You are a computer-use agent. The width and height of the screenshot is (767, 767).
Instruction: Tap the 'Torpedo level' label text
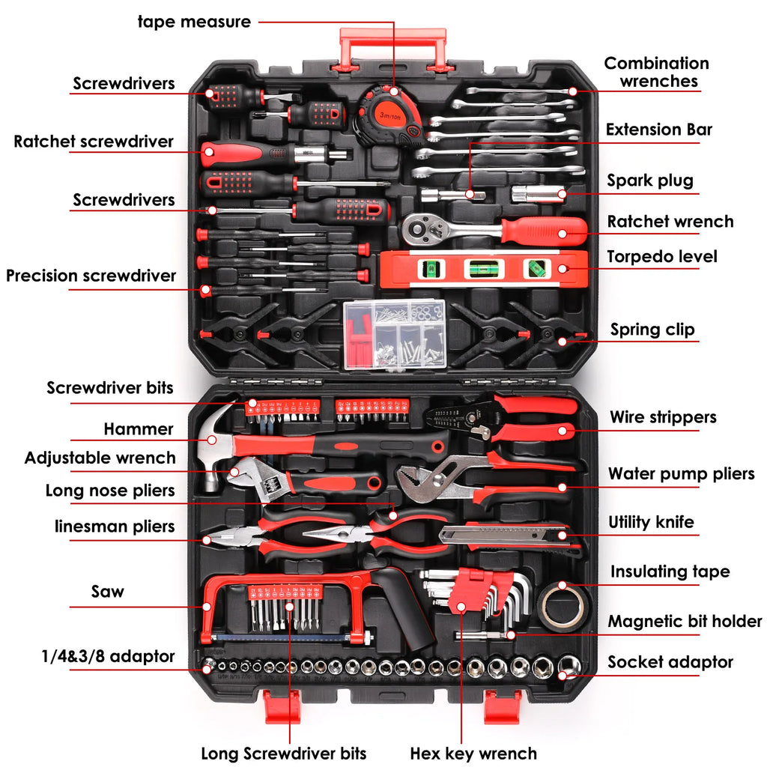(661, 257)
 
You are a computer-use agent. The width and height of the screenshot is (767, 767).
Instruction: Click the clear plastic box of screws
(394, 334)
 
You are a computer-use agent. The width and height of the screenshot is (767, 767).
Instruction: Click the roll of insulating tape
(563, 605)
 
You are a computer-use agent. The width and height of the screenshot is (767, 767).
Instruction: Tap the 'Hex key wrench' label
(473, 753)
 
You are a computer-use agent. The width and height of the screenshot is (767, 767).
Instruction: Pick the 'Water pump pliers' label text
(681, 474)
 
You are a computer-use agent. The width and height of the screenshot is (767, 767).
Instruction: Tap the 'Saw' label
(108, 592)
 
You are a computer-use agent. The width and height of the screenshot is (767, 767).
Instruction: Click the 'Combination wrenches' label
(656, 73)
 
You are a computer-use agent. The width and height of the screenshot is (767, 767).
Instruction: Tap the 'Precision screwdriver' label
(91, 276)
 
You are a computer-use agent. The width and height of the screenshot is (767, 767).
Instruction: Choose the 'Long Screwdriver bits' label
(283, 753)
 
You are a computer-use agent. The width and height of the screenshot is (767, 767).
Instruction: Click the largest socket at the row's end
(569, 666)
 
